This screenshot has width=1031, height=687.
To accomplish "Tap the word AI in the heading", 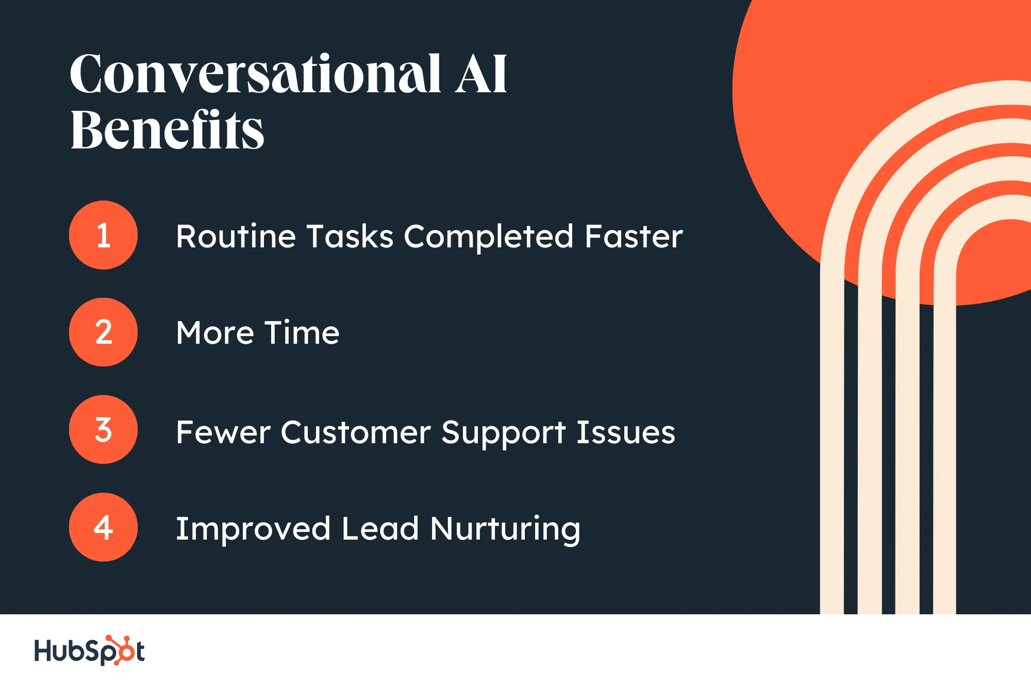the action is (x=481, y=74).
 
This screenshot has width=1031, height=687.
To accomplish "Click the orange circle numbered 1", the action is (x=103, y=235).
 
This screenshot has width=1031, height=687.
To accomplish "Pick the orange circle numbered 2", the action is (x=103, y=332).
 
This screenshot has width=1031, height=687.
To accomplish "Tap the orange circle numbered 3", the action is (x=103, y=429).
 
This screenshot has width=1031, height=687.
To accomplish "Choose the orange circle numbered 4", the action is (x=103, y=527).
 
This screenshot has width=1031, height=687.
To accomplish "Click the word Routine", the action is (x=236, y=236).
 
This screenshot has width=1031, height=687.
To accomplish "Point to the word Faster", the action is (x=634, y=236).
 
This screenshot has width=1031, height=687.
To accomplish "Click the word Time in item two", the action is (x=302, y=332).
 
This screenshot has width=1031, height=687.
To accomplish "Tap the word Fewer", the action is (x=223, y=432).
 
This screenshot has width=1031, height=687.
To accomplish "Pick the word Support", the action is (x=504, y=433).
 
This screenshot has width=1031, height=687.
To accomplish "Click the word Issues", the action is (x=626, y=432).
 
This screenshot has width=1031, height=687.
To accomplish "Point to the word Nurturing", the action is (x=505, y=529).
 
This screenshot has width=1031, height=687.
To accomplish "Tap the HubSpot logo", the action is (x=89, y=650).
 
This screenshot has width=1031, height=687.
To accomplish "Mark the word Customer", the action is (x=356, y=432).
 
